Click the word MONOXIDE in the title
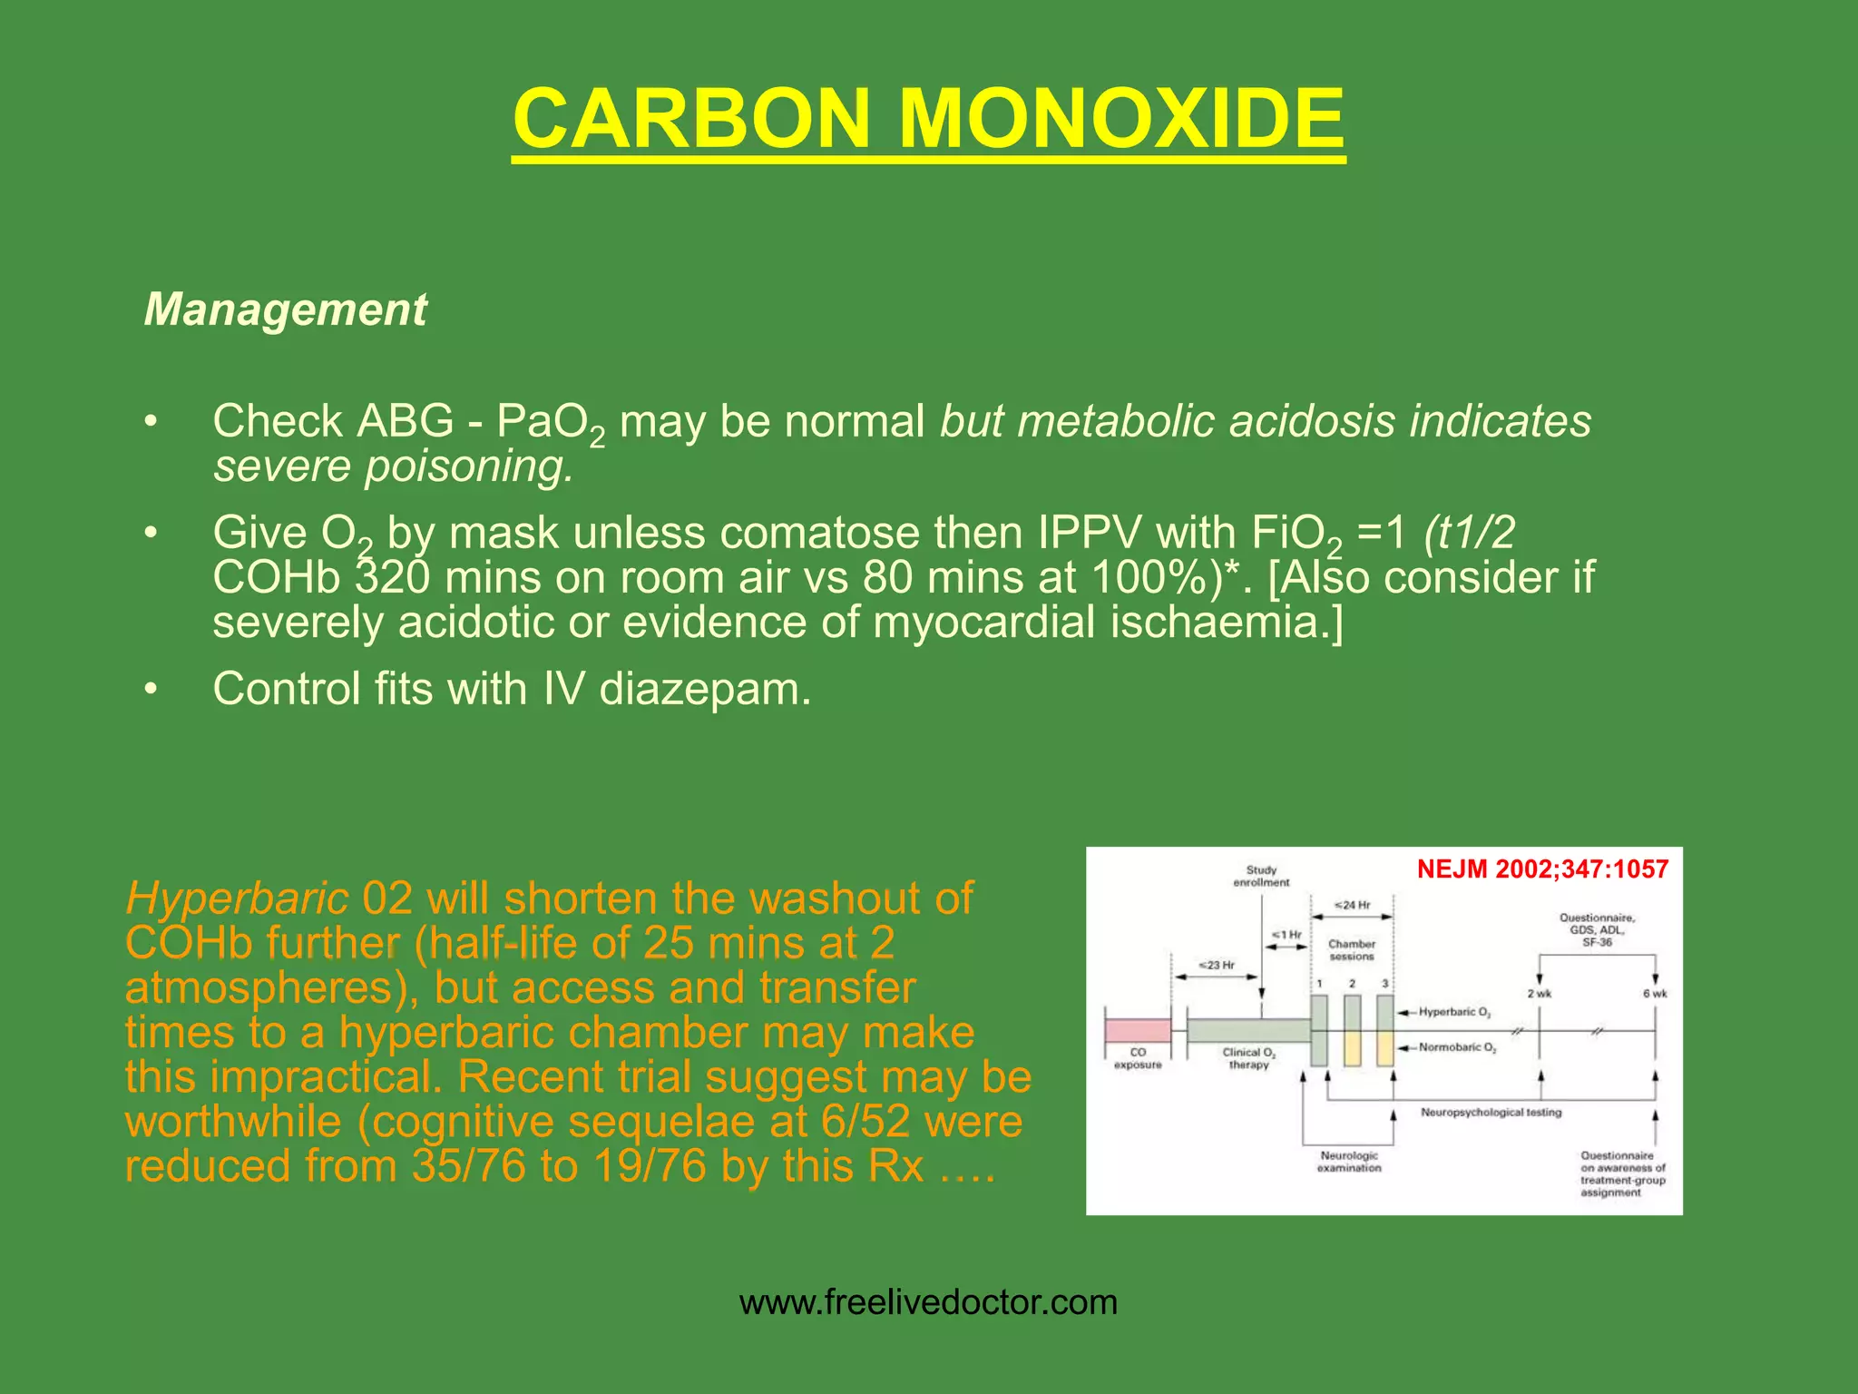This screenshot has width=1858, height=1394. [x=1121, y=119]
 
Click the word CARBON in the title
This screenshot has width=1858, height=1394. [x=691, y=119]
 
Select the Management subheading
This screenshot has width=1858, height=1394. [x=285, y=309]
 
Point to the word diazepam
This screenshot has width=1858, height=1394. [x=704, y=689]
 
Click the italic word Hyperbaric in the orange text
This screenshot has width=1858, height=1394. [x=237, y=898]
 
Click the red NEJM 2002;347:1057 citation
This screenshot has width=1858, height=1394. [x=1542, y=869]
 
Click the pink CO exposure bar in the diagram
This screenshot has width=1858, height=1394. [x=1138, y=1031]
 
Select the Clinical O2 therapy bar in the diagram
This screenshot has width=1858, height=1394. [x=1248, y=1031]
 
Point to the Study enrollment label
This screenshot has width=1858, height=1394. [x=1261, y=876]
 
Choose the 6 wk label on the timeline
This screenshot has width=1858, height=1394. [x=1655, y=994]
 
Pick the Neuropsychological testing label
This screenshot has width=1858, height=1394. [x=1491, y=1113]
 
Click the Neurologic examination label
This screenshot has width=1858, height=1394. [x=1349, y=1162]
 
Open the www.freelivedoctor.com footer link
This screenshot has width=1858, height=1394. [x=928, y=1303]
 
